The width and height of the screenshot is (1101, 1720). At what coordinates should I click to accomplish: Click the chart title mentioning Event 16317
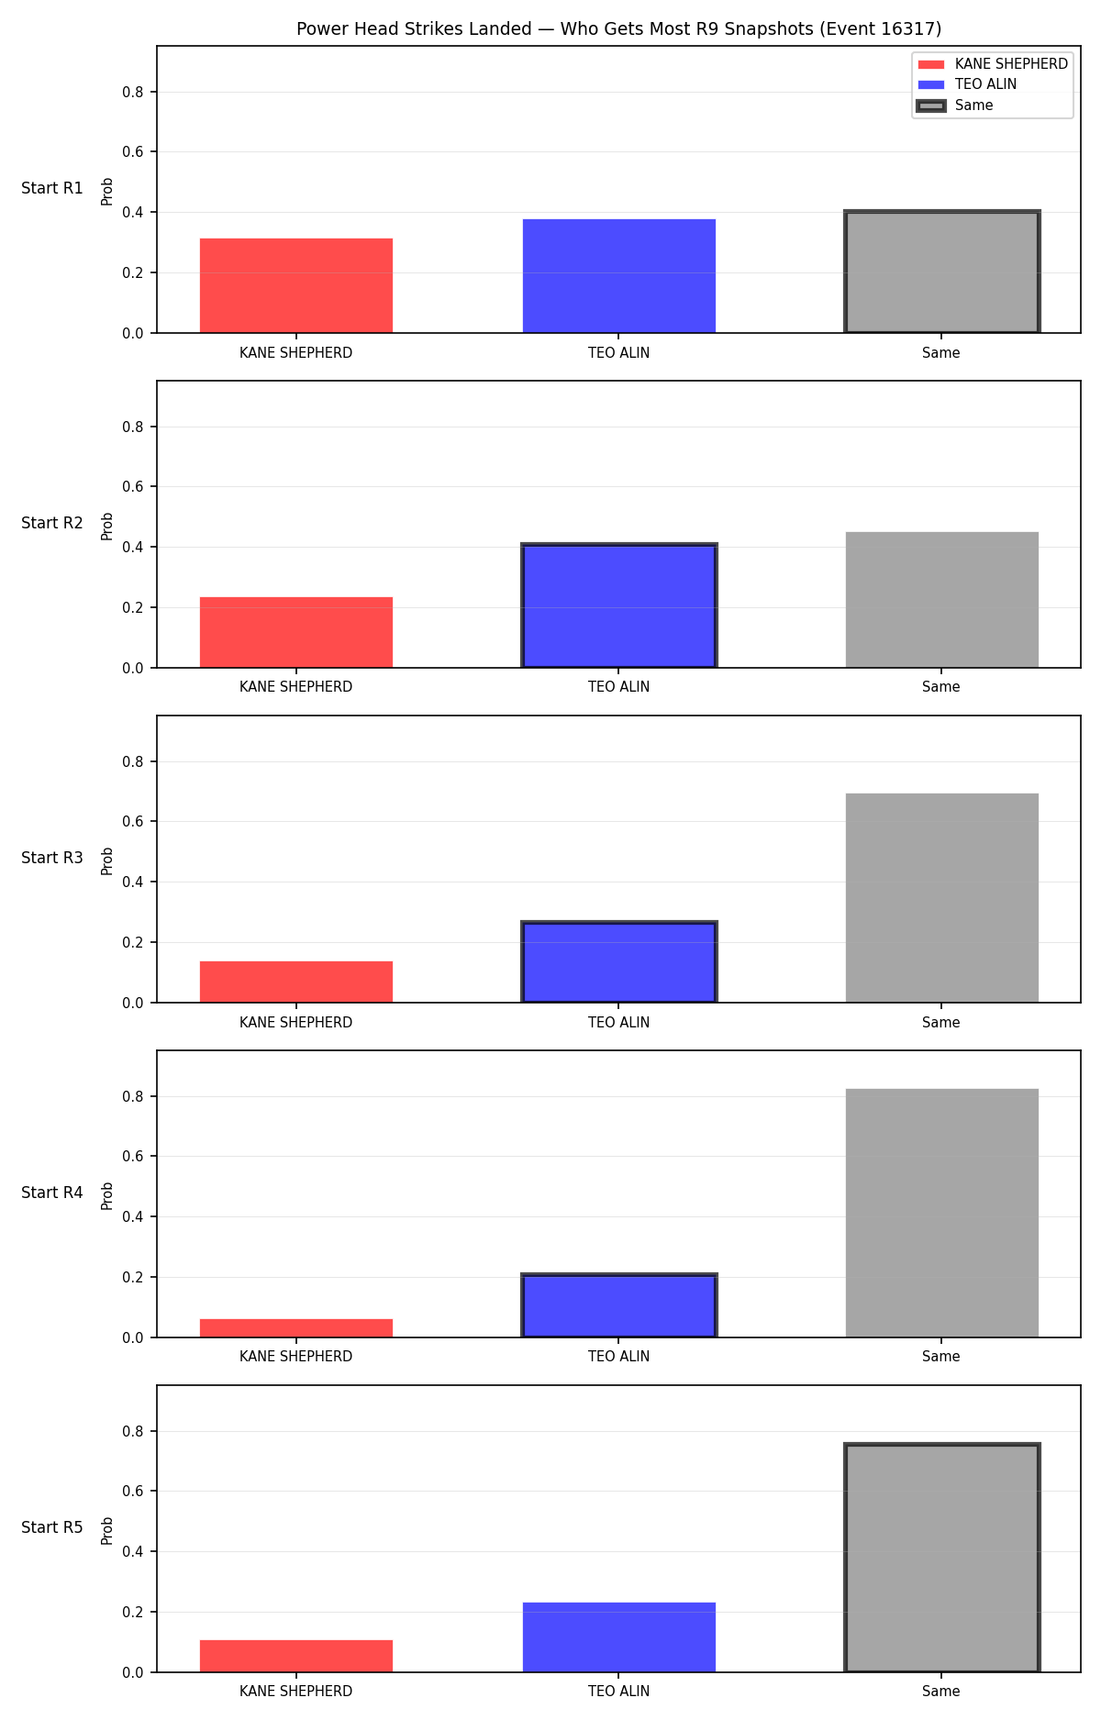click(618, 28)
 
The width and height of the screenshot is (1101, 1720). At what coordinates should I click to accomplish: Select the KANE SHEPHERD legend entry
click(993, 64)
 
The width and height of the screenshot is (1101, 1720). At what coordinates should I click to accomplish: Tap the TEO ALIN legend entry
click(968, 84)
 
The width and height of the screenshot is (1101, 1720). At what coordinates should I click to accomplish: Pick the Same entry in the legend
click(955, 105)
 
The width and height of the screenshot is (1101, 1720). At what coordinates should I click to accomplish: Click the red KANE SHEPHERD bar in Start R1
click(296, 285)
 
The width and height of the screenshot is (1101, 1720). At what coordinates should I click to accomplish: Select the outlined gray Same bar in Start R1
click(942, 272)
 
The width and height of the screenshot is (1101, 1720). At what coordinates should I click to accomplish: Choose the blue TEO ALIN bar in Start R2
click(619, 606)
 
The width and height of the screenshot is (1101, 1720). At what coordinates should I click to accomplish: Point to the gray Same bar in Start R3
click(942, 898)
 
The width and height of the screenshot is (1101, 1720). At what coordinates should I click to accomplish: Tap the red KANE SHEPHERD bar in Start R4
click(296, 1328)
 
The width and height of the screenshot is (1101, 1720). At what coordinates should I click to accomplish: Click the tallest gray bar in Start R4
click(942, 1213)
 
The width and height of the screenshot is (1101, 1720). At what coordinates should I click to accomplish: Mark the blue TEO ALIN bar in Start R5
click(619, 1637)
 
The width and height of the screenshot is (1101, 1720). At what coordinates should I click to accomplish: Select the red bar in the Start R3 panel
click(296, 982)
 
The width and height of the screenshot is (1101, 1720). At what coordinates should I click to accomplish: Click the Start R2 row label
click(52, 523)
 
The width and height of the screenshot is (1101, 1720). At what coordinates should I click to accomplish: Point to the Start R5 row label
click(52, 1527)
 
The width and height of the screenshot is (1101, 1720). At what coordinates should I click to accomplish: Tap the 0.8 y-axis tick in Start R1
click(133, 92)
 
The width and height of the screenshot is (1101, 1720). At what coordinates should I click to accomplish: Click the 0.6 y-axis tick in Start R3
click(133, 822)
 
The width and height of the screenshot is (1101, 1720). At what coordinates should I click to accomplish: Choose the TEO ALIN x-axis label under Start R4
click(619, 1357)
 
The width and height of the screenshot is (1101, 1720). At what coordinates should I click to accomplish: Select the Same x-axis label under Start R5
click(941, 1692)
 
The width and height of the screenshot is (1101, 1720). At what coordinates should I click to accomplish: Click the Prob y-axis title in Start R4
click(107, 1195)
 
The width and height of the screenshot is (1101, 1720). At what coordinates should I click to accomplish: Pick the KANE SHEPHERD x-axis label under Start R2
click(296, 687)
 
